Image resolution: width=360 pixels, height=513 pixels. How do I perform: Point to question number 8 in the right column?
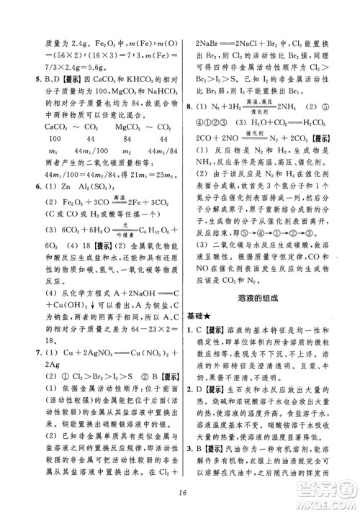pos(189,106)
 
